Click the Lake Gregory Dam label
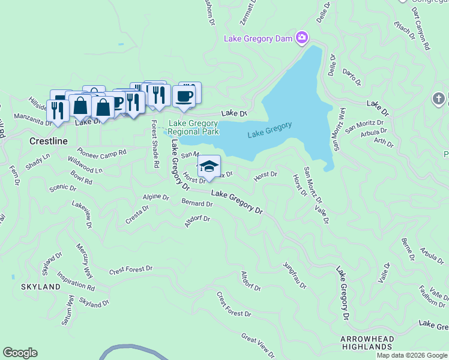[x=258, y=39]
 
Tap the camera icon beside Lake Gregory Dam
[x=301, y=38]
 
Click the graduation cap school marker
[x=209, y=166]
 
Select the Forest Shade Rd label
[x=154, y=143]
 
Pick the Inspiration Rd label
[x=76, y=281]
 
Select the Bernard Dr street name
[x=197, y=203]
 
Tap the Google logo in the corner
[x=20, y=353]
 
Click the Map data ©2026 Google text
[x=412, y=355]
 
